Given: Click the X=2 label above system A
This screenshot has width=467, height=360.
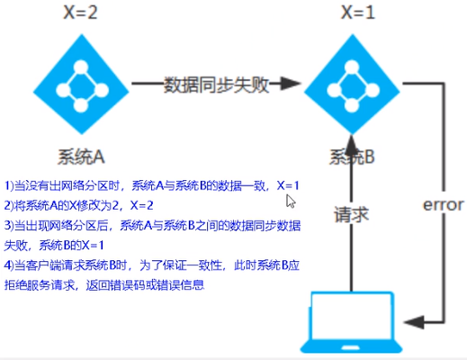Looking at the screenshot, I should [x=81, y=13].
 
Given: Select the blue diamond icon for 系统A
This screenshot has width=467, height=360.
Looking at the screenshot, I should [x=82, y=85].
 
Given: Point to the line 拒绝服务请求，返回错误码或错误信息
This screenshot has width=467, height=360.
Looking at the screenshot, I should [x=104, y=285].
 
